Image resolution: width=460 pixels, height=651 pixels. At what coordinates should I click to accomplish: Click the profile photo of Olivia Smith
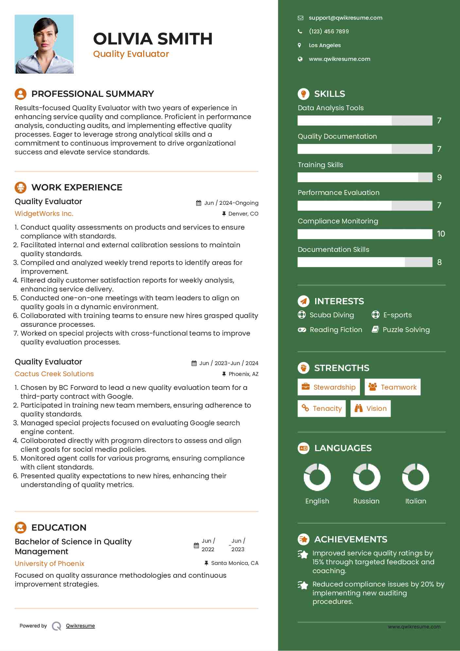[x=44, y=44]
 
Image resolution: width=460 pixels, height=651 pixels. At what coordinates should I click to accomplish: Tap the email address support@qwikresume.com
[x=345, y=18]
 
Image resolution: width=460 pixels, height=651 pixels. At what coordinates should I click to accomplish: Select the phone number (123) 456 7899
[x=329, y=31]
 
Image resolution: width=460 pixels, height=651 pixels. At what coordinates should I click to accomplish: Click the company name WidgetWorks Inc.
[x=44, y=214]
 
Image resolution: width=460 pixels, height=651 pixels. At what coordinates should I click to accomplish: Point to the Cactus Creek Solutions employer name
[x=54, y=374]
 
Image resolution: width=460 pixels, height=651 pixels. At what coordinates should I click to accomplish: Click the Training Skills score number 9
[x=439, y=178]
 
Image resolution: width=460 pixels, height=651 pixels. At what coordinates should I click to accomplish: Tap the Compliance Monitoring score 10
[x=441, y=234]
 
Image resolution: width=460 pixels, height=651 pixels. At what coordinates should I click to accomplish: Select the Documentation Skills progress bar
[x=365, y=262]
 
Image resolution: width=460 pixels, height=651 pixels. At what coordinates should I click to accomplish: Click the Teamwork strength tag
[x=392, y=387]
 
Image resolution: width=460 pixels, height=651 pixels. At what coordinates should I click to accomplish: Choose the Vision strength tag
[x=370, y=409]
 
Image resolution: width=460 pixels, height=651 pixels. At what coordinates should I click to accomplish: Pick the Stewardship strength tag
[x=329, y=387]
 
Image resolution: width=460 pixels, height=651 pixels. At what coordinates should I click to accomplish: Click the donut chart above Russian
[x=366, y=477]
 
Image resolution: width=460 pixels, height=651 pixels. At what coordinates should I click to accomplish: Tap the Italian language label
[x=416, y=501]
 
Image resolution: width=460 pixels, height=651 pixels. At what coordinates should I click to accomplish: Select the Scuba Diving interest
[x=332, y=315]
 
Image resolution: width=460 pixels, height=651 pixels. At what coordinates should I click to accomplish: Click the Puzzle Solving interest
[x=406, y=330]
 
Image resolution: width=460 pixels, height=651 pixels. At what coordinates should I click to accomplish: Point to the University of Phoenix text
[x=50, y=564]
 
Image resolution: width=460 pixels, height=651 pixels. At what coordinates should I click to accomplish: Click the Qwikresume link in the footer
[x=80, y=626]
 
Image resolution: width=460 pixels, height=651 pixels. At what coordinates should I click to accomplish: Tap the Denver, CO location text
[x=243, y=214]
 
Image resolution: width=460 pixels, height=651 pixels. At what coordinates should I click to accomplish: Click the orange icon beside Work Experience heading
[x=21, y=187]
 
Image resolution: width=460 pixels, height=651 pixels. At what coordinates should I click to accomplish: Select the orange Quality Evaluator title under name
[x=131, y=54]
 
